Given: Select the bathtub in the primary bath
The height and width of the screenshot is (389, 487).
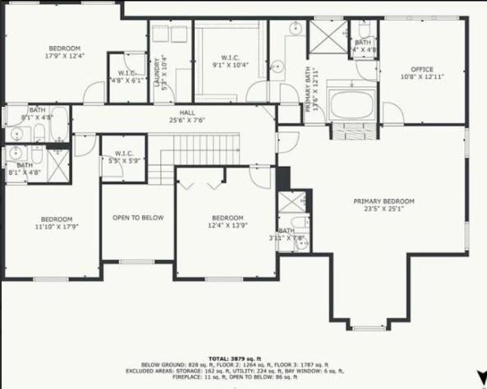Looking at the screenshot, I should pos(351,104).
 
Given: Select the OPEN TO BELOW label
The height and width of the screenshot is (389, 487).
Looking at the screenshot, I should pos(138,218).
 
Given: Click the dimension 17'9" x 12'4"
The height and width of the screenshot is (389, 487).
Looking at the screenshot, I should pos(64,57).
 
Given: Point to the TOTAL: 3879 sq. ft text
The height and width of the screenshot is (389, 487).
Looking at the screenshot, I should pos(241,359).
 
